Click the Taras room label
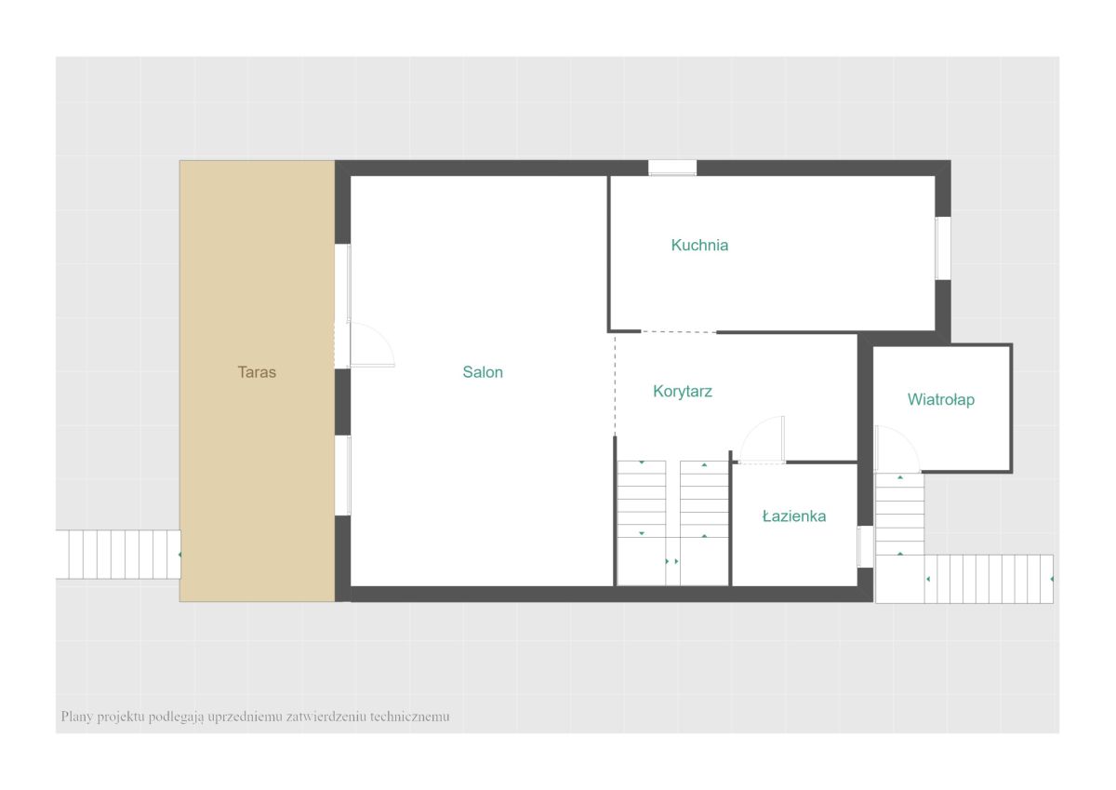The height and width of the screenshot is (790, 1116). coord(257,372)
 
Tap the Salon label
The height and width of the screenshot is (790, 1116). coord(483,372)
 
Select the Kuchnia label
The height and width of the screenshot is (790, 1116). coord(699,246)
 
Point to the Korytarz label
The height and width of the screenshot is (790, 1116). coord(683,392)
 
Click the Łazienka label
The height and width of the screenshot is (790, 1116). coord(794,516)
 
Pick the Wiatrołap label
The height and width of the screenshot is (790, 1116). coord(940,400)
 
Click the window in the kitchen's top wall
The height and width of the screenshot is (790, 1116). coord(672,168)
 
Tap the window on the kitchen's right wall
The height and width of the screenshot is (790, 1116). coord(943,248)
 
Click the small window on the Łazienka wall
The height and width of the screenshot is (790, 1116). coord(865,546)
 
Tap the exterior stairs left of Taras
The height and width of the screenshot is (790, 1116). coord(118,555)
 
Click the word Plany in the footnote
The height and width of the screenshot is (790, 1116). coord(76,716)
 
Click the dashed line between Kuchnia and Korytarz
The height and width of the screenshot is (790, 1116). coord(679,331)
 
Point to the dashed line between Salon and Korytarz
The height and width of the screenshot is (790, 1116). coord(615,385)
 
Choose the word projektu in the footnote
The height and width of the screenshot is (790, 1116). coord(121,717)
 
